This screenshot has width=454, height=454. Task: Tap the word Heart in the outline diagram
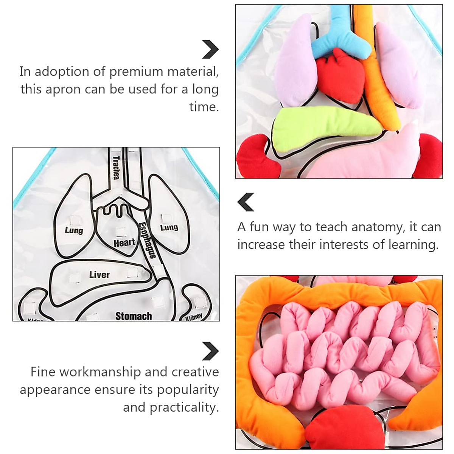(x=124, y=243)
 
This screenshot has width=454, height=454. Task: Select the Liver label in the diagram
(x=100, y=274)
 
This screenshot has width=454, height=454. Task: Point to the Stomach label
(x=134, y=316)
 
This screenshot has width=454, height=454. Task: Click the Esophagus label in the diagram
(x=147, y=240)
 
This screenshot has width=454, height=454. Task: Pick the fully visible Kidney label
(x=194, y=317)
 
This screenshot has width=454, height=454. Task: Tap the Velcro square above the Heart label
(x=121, y=231)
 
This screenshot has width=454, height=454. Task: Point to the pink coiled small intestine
(x=340, y=356)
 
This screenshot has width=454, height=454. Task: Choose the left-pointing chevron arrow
(x=246, y=202)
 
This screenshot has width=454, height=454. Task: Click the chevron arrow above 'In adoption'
(x=210, y=49)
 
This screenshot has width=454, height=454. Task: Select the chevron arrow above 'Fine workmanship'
(x=210, y=351)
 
